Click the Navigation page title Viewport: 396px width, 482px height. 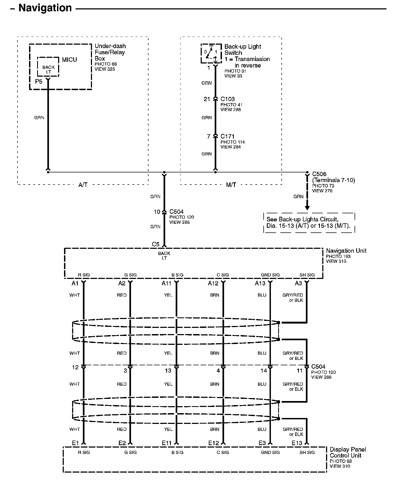click(x=45, y=8)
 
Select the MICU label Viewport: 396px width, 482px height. click(x=69, y=60)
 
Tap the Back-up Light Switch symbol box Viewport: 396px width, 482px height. click(x=211, y=54)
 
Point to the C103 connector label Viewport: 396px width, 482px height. click(x=228, y=99)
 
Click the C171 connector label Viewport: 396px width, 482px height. click(x=228, y=136)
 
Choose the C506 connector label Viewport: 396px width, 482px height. click(x=319, y=174)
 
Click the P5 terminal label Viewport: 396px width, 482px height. click(x=39, y=81)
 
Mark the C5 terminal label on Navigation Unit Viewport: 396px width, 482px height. click(x=155, y=244)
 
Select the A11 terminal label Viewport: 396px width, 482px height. click(x=166, y=283)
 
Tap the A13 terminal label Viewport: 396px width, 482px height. click(x=260, y=283)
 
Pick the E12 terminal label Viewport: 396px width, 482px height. click(x=214, y=443)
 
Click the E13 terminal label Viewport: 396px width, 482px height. click(x=297, y=443)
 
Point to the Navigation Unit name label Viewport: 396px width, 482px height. click(x=346, y=251)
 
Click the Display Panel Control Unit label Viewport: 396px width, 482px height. click(x=348, y=452)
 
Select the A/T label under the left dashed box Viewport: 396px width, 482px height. click(x=83, y=185)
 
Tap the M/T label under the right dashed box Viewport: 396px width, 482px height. click(x=231, y=185)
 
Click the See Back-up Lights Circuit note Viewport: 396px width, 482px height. click(x=309, y=223)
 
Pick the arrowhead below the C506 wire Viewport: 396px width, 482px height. click(x=307, y=208)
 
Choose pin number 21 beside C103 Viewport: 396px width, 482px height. click(x=207, y=99)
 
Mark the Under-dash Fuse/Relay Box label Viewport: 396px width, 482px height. click(x=110, y=52)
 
